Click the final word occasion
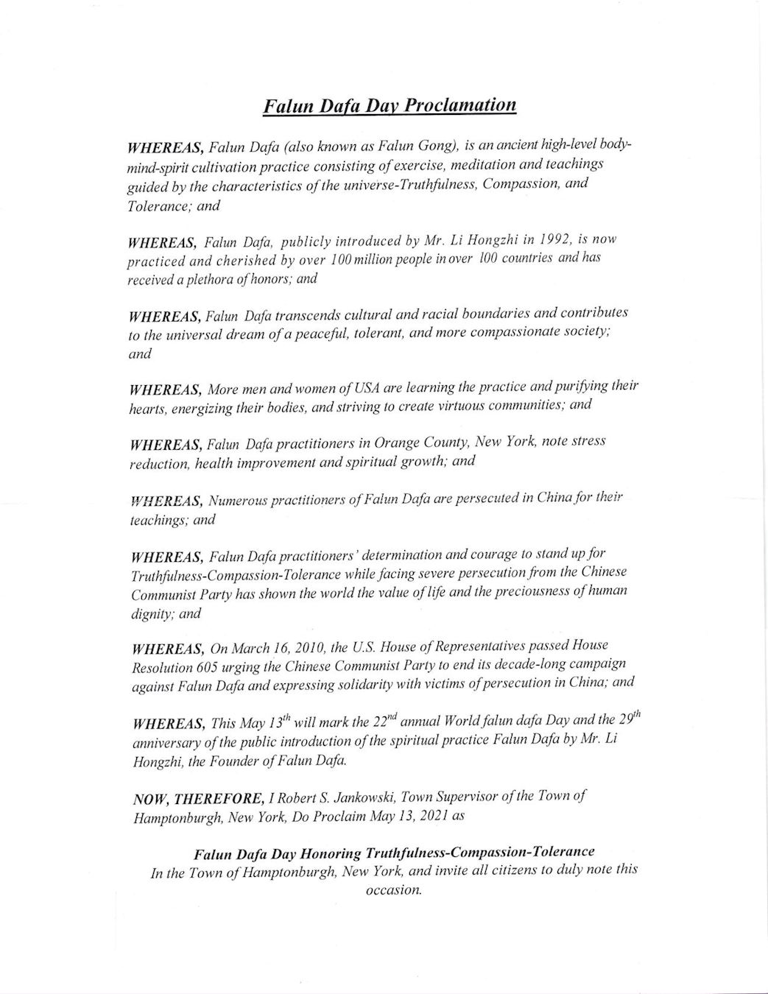point(393,890)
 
